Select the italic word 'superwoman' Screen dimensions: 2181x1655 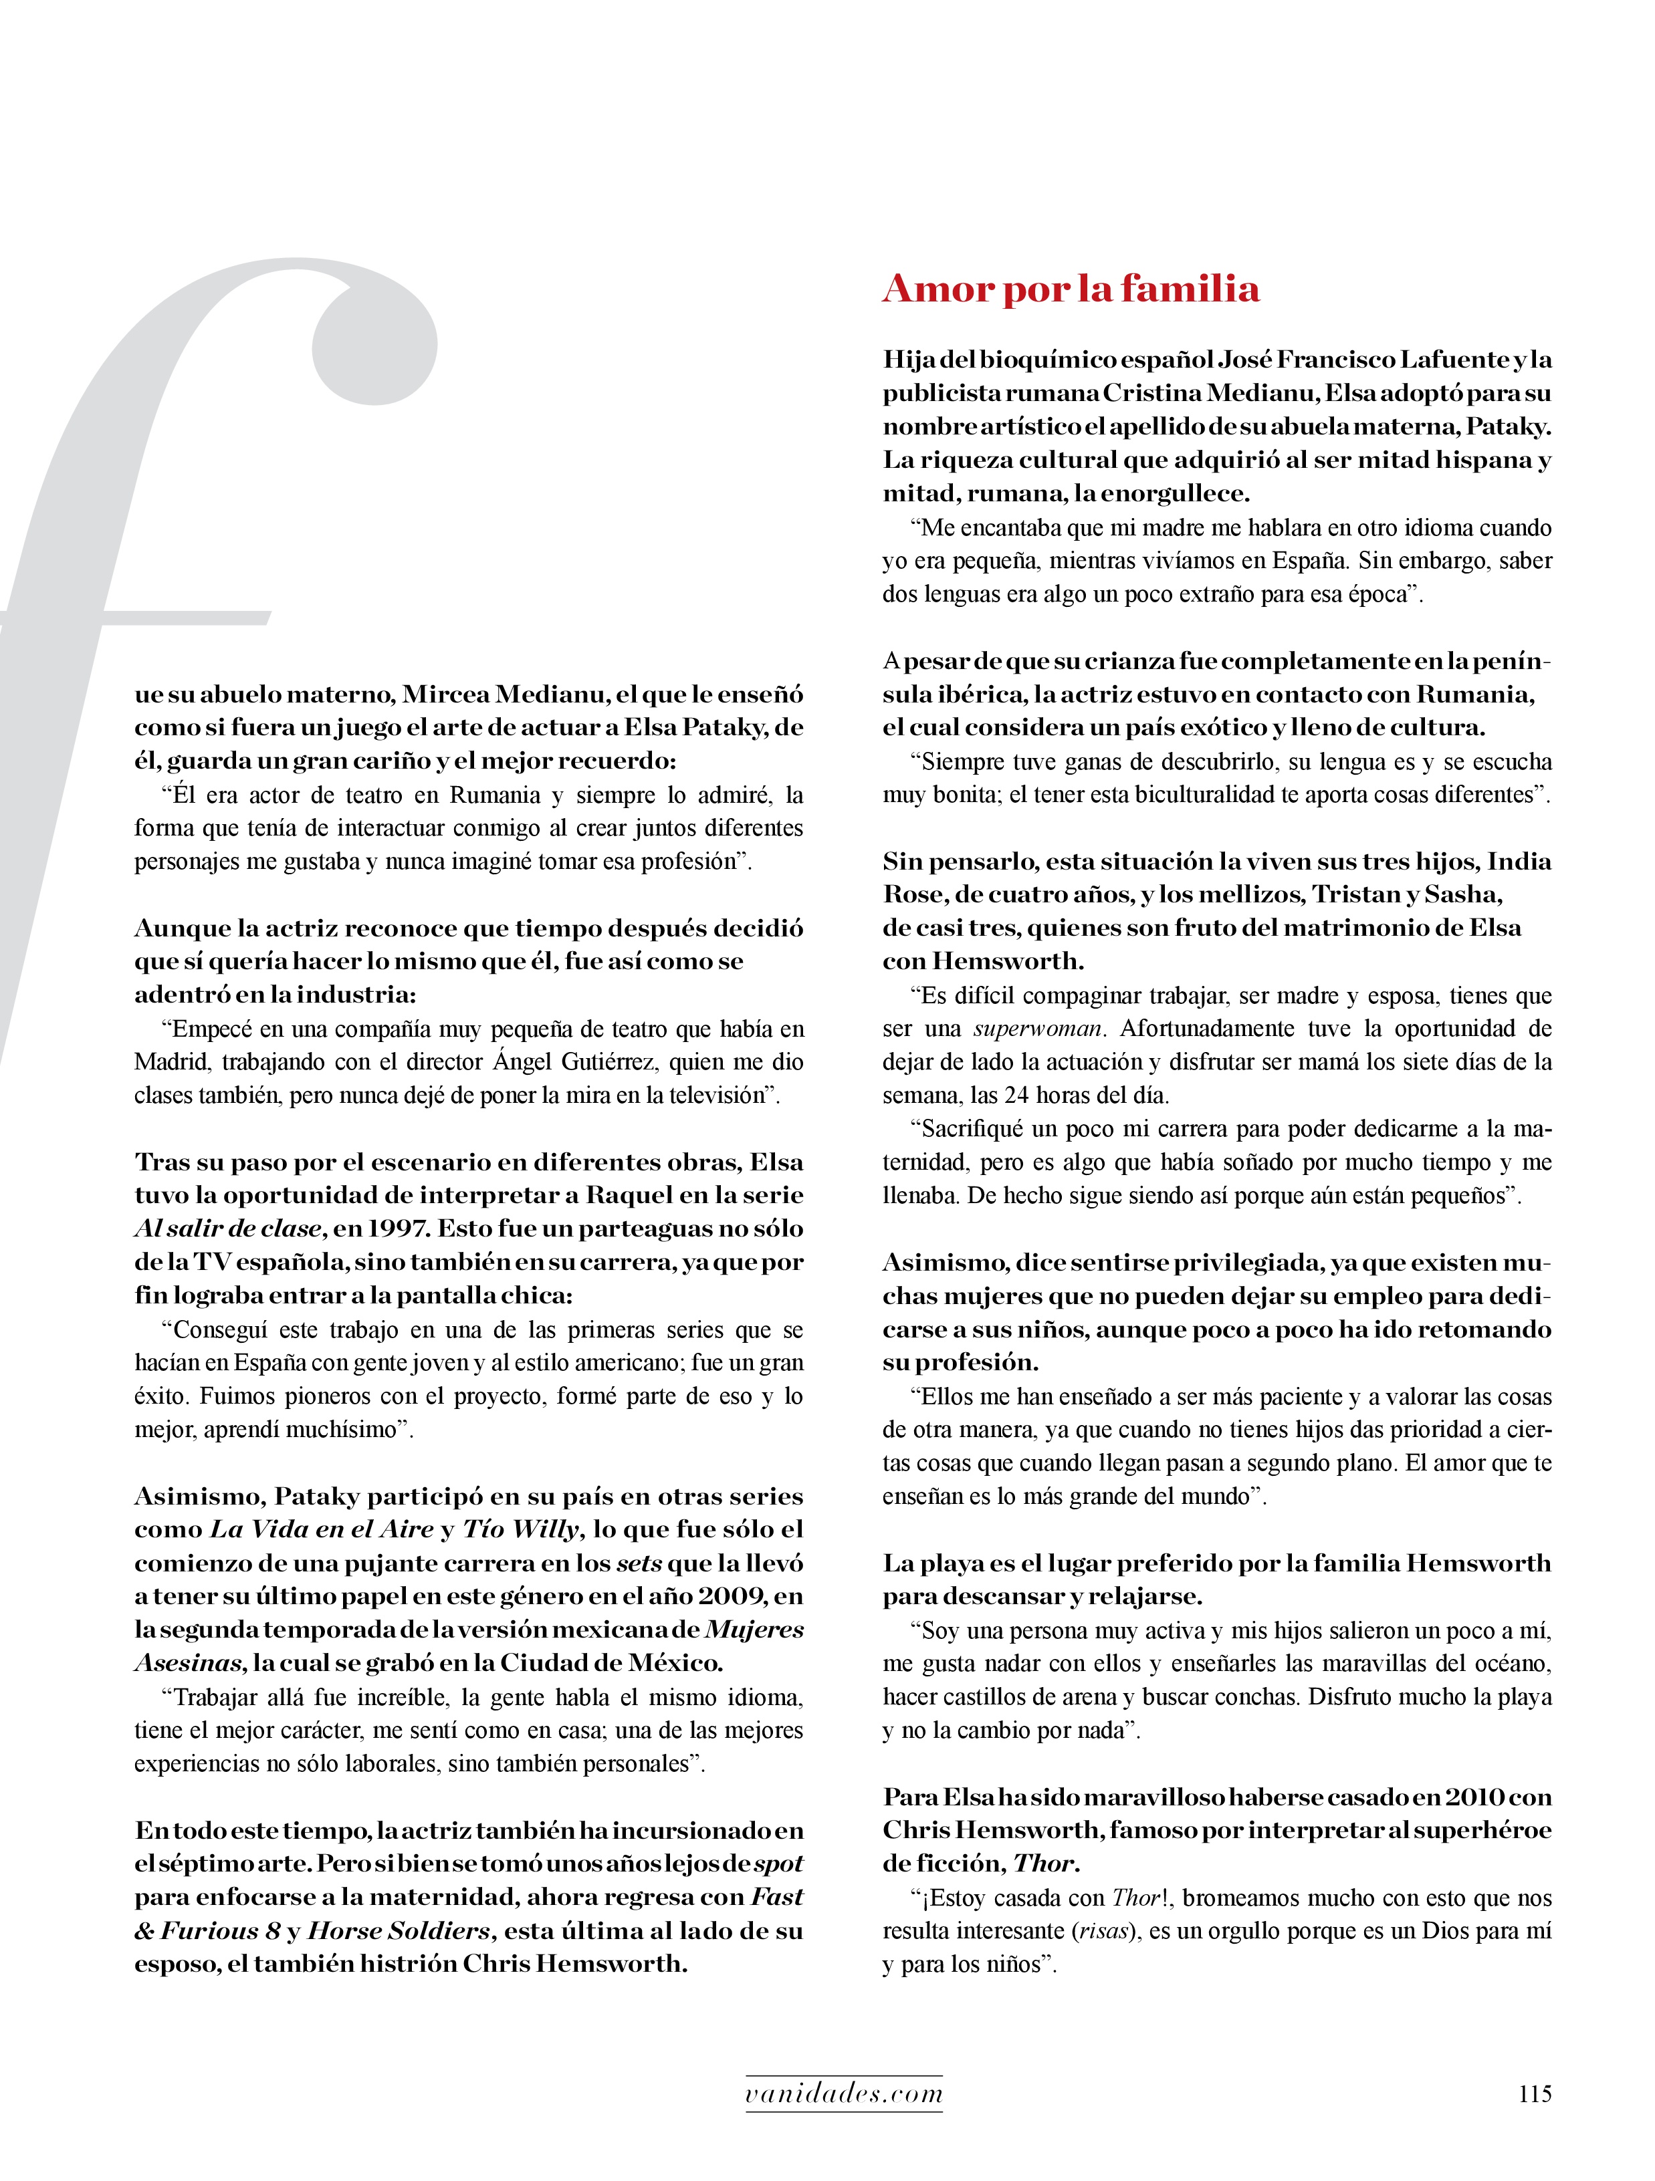[1038, 1029]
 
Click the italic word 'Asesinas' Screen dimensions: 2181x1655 [187, 1664]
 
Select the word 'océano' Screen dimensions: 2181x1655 [1513, 1664]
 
